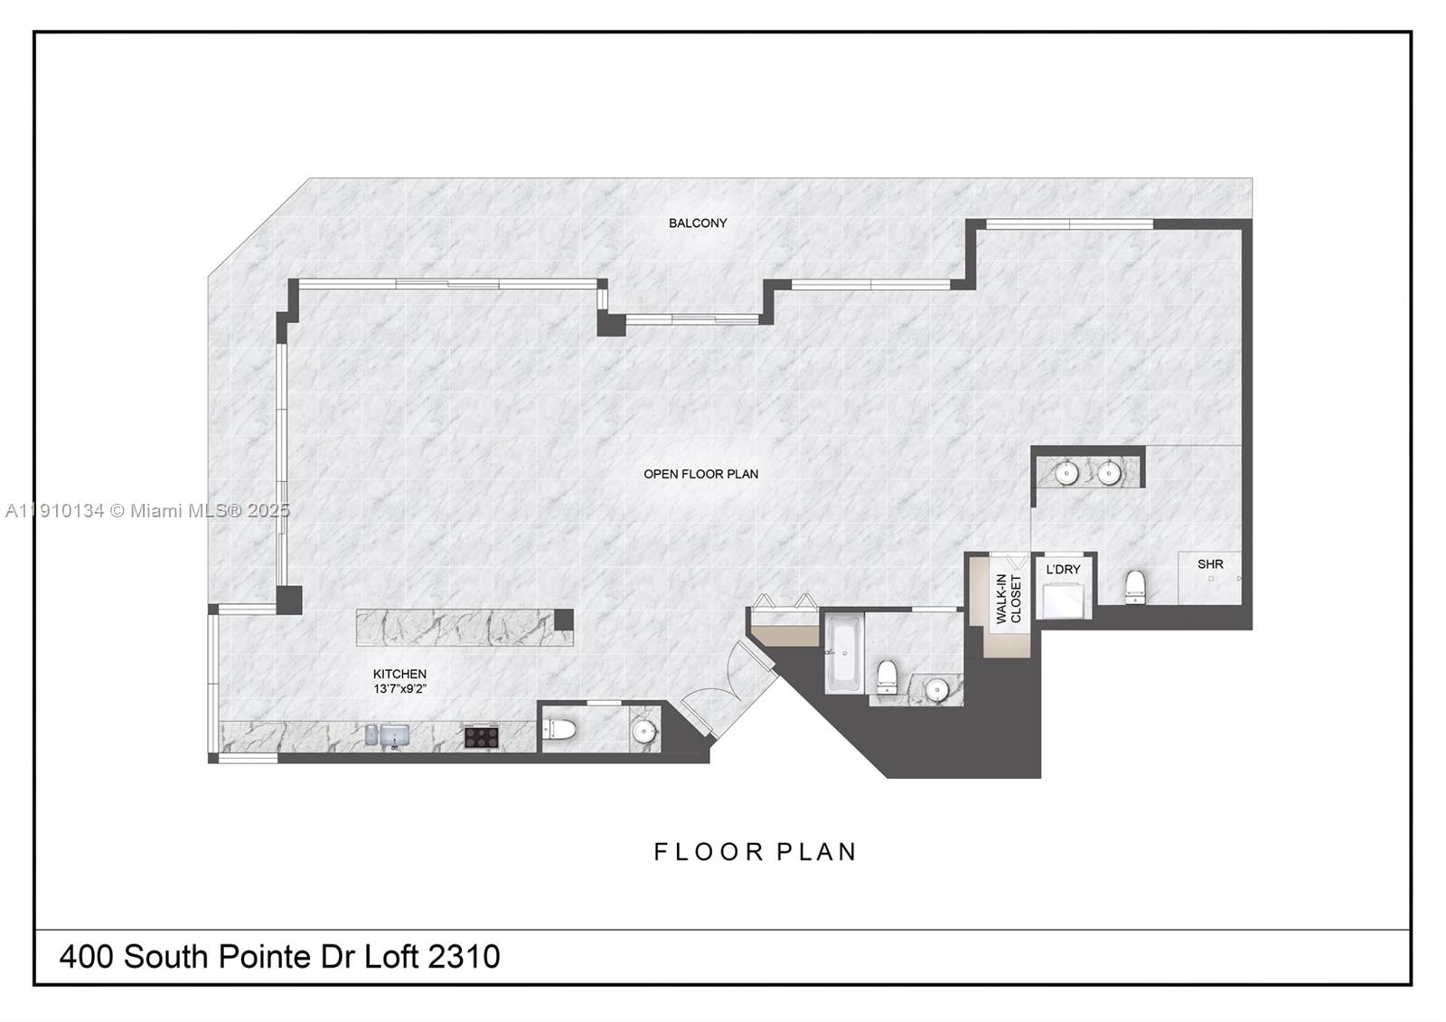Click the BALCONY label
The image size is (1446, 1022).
coord(698,223)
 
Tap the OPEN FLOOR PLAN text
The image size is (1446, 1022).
coord(700,474)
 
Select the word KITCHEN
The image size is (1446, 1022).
coord(399,674)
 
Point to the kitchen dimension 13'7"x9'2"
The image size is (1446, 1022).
coord(399,688)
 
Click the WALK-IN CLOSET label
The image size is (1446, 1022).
coord(1008,599)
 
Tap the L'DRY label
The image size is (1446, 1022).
coord(1063,570)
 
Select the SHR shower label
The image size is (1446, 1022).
coord(1210,564)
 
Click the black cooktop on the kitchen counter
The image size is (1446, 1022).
coord(481,736)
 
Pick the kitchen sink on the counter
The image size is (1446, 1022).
coord(394,735)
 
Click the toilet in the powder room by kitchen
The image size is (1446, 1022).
coord(561,729)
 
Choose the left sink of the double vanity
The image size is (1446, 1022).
coord(1067,472)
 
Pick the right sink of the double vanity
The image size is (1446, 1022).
coord(1109,472)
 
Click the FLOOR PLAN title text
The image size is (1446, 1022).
coord(755,852)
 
